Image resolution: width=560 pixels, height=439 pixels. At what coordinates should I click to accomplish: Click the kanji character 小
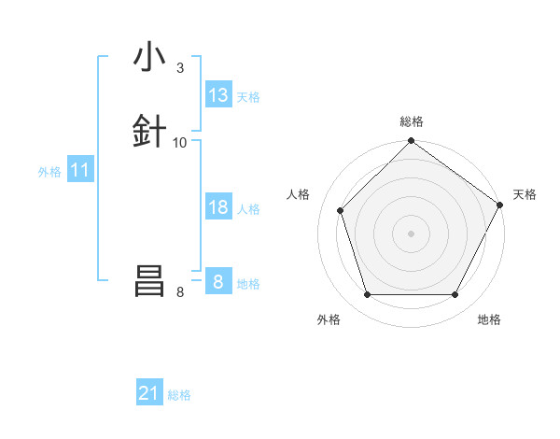coord(149,58)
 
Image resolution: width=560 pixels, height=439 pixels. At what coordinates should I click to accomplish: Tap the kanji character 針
coord(149,132)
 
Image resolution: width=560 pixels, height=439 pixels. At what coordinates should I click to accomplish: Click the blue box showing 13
coord(218,95)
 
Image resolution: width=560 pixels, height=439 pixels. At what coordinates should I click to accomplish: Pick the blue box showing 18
coord(218,207)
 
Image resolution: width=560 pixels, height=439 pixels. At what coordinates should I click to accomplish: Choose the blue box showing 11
coord(80,171)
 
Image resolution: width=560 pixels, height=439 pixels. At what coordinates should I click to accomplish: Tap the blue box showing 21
coord(149,394)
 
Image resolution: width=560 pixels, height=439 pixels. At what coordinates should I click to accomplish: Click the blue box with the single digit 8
coord(218,282)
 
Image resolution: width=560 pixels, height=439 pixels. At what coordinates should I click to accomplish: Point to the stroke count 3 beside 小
coord(180,68)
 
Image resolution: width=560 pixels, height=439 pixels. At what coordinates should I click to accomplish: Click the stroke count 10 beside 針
coord(180,143)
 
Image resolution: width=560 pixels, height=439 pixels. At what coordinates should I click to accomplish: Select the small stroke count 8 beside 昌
coord(180,292)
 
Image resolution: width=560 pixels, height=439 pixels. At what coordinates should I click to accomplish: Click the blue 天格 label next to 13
coord(248,96)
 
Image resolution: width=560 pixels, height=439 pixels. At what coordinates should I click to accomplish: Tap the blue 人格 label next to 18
coord(248,208)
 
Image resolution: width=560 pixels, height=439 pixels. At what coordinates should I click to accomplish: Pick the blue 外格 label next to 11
coord(49,172)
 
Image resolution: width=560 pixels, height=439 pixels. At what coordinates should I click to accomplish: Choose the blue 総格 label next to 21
coord(179,395)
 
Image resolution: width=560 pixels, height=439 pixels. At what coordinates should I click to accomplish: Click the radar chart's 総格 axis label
coord(412,121)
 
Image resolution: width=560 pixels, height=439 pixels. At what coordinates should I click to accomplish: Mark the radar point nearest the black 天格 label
coord(500,205)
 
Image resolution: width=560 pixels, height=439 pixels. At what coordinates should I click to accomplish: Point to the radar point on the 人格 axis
coord(341,210)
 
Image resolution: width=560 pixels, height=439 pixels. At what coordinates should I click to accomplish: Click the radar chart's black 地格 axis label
coord(489,319)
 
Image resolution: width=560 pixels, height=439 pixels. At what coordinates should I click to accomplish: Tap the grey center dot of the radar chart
coord(411,233)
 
